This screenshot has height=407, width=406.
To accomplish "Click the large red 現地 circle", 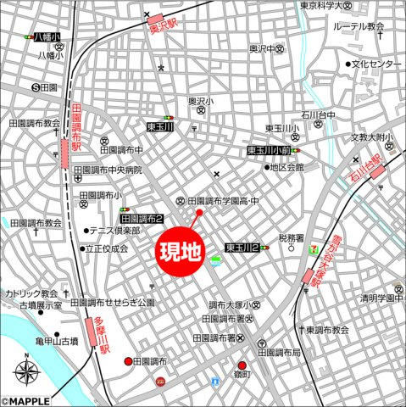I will (182, 252).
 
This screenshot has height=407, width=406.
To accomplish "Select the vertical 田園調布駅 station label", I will (76, 128).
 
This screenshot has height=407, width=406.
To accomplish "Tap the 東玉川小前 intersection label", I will (270, 150).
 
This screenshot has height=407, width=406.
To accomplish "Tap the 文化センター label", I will (377, 64).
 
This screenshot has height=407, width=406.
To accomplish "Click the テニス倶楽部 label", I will (116, 231).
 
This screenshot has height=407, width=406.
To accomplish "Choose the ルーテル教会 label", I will (359, 27).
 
